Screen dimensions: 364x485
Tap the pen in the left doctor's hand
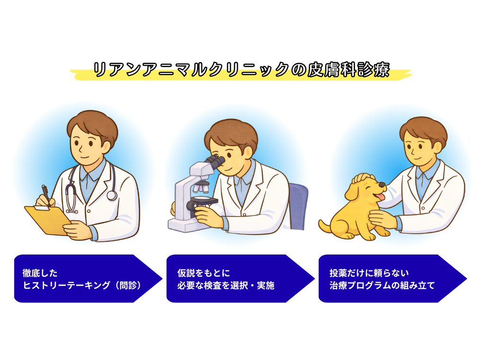(x=45, y=193)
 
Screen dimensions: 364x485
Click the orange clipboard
(x=47, y=220)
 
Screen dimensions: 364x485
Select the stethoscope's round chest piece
(x=112, y=195)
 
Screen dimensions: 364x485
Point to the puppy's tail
(x=325, y=226)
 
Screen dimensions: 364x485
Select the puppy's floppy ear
(x=351, y=192)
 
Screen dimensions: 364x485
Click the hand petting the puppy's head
(x=363, y=179)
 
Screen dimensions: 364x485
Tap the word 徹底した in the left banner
(x=40, y=273)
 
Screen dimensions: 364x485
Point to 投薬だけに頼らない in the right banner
(x=369, y=273)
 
